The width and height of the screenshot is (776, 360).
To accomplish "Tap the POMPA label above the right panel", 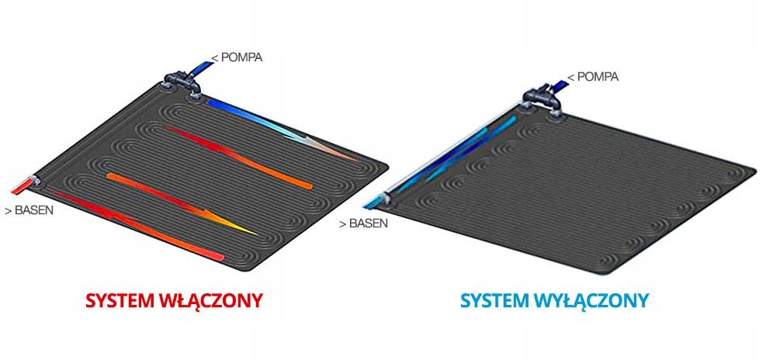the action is (594, 77).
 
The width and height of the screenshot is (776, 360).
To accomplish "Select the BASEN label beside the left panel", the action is (29, 209).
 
